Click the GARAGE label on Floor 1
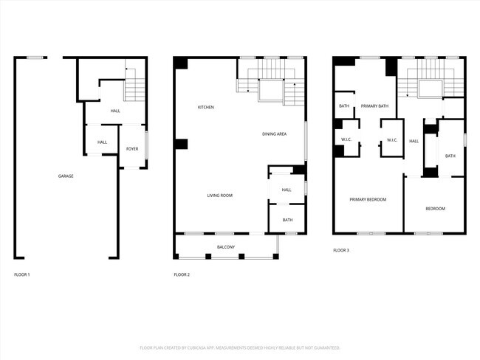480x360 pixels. pos(66,176)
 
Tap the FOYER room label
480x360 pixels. pos(131,149)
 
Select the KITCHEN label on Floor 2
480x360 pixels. pos(205,108)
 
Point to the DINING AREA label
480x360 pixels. pos(274,134)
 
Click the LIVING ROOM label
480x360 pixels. pos(219,195)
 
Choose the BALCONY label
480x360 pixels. pos(225,246)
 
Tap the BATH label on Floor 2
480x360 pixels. pos(287,220)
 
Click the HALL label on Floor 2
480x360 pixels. pos(287,190)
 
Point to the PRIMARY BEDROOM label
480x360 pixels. pos(367,199)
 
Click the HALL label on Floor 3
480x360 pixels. pos(414,141)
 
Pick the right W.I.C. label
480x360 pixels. pos(391,140)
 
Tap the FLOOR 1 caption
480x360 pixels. pos(22,274)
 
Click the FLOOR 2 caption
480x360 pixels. pos(182,274)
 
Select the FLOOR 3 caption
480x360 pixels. pos(340,251)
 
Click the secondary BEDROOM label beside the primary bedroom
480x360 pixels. pos(435,209)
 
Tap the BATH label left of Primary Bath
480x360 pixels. pos(344,106)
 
